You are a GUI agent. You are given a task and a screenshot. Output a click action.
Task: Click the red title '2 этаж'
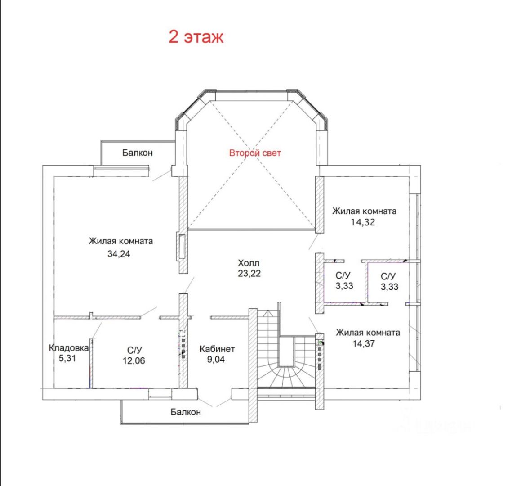[x=196, y=36]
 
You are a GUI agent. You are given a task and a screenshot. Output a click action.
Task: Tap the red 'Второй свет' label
[x=255, y=153]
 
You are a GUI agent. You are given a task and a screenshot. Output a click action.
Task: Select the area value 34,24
[x=119, y=253]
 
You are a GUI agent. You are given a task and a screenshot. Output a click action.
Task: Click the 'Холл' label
[x=249, y=263]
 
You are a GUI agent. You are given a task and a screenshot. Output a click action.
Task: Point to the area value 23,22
[x=249, y=273]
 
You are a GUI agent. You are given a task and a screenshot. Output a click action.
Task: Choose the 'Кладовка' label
[x=69, y=347]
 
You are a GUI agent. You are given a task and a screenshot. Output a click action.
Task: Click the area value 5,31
[x=67, y=358]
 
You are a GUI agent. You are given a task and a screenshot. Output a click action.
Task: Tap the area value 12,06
[x=134, y=360]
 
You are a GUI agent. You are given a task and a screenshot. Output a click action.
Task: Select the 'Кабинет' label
[x=217, y=349]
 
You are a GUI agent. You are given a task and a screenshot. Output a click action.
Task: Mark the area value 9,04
[x=216, y=359]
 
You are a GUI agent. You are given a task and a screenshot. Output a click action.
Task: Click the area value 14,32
[x=363, y=222]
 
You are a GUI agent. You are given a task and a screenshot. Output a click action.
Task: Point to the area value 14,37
[x=363, y=343]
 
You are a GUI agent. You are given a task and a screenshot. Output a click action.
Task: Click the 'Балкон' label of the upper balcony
[x=137, y=153]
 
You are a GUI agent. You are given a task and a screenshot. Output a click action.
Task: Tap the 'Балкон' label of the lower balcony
[x=186, y=412]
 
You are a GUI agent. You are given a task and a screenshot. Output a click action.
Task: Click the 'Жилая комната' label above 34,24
[x=120, y=241]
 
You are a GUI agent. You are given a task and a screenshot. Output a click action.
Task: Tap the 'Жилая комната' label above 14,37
[x=368, y=333]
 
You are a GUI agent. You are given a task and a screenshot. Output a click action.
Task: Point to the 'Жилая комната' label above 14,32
[x=364, y=211]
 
